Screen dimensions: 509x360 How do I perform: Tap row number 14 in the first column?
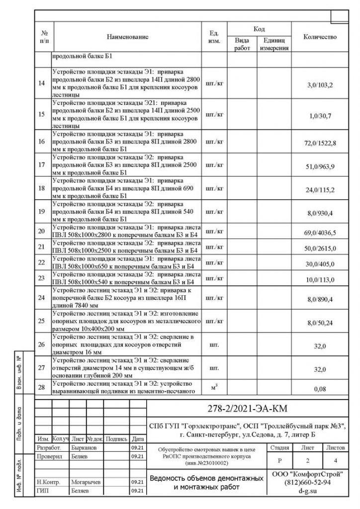click(x=41, y=83)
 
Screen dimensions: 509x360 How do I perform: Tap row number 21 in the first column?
click(x=41, y=247)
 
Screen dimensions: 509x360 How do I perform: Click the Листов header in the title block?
click(x=336, y=447)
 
